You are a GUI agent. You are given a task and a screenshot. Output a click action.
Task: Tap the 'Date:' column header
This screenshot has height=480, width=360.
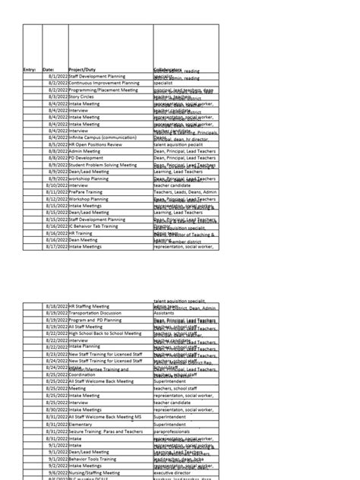pyautogui.click(x=49, y=70)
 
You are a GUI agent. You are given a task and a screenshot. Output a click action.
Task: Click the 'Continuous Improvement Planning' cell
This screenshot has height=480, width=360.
pyautogui.click(x=103, y=84)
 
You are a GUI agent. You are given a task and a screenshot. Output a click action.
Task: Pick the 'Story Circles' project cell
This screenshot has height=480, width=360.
pyautogui.click(x=84, y=97)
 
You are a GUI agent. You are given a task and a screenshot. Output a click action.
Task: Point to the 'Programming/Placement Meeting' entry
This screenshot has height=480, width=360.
pyautogui.click(x=103, y=90)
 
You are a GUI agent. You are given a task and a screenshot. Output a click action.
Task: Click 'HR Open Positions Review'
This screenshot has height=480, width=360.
pyautogui.click(x=95, y=144)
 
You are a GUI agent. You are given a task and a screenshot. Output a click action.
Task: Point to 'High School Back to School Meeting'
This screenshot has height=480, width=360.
pyautogui.click(x=106, y=333)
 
